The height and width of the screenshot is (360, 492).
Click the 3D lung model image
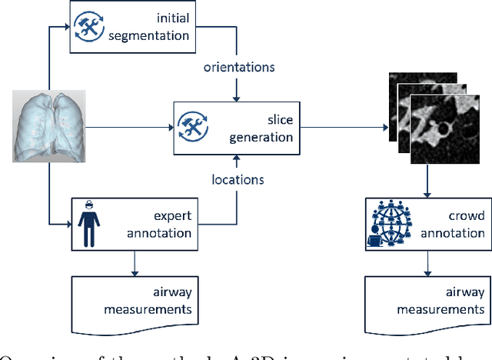48,125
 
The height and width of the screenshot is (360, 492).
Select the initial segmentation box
131,27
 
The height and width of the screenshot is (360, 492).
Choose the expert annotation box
131,224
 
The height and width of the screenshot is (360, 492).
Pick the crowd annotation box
425,224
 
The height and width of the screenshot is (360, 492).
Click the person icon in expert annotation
89,224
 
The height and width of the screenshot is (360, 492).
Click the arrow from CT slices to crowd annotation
425,182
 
